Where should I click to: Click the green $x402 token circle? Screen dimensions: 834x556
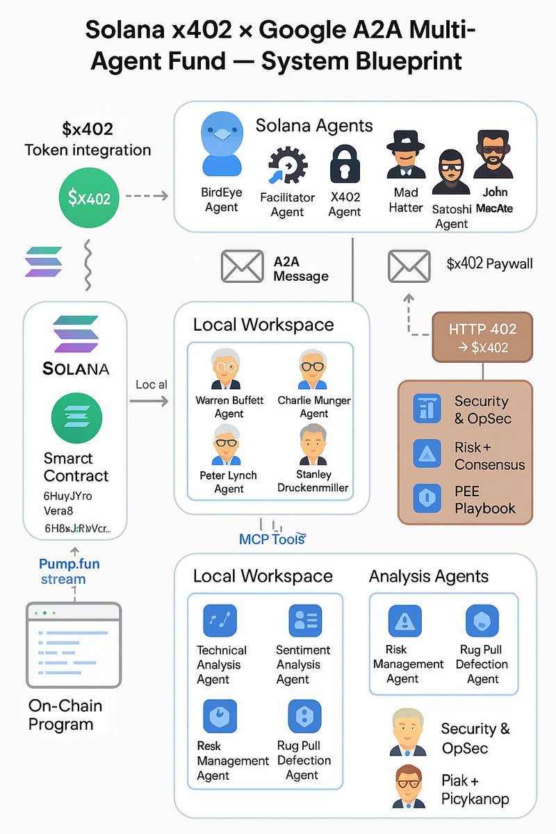[90, 197]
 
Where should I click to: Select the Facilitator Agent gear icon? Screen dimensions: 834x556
[287, 165]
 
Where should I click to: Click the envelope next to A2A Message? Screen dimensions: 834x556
[243, 266]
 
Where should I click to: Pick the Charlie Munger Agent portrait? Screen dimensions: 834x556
[313, 370]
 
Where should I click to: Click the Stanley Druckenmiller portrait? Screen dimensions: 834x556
[313, 445]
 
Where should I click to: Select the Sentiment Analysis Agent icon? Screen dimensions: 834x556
[304, 621]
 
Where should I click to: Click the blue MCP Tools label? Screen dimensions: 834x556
[272, 539]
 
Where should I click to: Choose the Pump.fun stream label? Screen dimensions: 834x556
[69, 571]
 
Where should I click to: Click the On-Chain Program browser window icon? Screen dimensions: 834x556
[73, 645]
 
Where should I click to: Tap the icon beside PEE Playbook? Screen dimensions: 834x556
[427, 498]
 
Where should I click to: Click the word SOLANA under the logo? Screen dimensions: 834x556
[76, 368]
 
